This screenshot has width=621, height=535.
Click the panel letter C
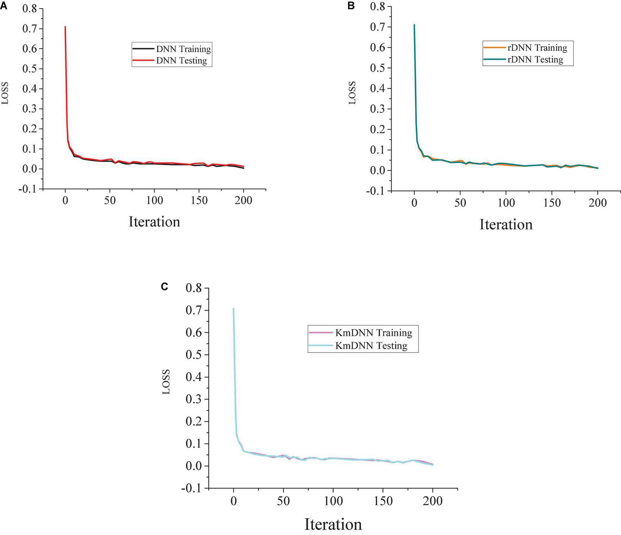(x=164, y=286)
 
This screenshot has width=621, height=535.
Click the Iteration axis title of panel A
(x=154, y=222)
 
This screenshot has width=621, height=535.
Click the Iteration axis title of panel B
(x=506, y=224)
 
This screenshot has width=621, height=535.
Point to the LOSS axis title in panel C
(x=166, y=382)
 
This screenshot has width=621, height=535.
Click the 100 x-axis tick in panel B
(x=506, y=203)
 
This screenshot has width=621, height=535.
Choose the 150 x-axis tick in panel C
(x=383, y=501)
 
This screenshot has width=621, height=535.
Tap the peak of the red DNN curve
(x=65, y=27)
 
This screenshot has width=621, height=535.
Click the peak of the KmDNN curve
(x=233, y=309)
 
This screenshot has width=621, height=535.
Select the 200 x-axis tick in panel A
(x=244, y=201)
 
